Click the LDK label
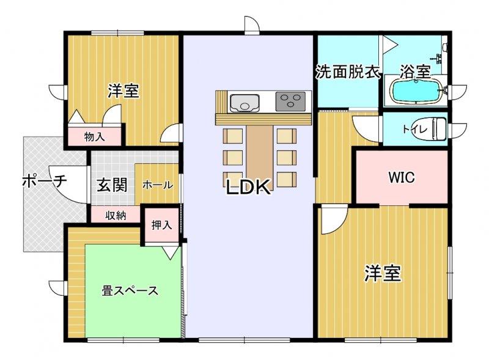248,187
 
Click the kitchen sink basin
244,103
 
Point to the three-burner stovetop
290,101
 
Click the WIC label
402,177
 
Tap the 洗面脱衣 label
348,72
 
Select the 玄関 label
112,185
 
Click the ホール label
158,185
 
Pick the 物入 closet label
95,137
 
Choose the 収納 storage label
116,215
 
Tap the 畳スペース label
130,291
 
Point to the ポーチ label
45,182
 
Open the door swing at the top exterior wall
252,24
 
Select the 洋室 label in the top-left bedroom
123,90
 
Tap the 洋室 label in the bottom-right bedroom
383,273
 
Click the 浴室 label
416,72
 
